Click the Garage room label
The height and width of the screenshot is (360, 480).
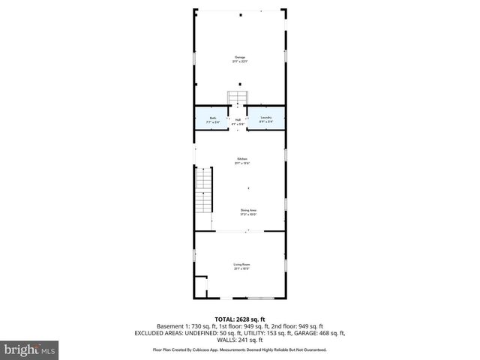click(239, 57)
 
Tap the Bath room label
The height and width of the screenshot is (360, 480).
click(213, 118)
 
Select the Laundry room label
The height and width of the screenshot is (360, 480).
click(265, 118)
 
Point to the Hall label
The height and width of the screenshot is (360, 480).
click(238, 120)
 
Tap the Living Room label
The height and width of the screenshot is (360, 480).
click(241, 265)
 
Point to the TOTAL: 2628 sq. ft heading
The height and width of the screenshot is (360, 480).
click(239, 319)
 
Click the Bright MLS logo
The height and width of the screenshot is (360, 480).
click(29, 349)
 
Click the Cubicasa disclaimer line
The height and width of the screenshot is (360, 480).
click(239, 349)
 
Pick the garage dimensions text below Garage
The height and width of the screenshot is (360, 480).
click(239, 62)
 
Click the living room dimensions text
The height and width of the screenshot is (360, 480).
click(241, 269)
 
